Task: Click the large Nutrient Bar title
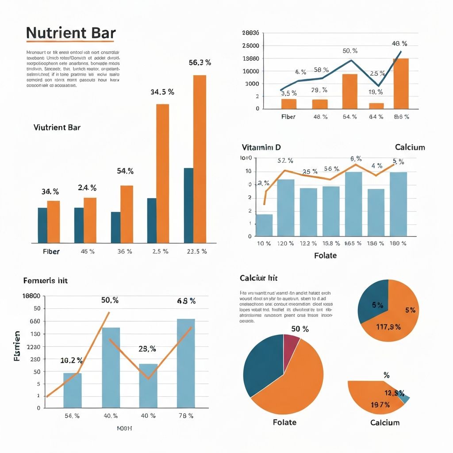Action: pos(71,33)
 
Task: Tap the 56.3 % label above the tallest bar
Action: pos(200,63)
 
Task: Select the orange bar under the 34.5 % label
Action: pos(162,173)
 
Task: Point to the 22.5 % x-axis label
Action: pos(196,251)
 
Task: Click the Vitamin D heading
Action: pos(261,147)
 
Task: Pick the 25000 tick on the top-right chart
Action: pos(251,46)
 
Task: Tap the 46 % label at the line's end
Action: pos(399,44)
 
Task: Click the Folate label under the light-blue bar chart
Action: pos(325,255)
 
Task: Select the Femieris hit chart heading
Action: pos(45,280)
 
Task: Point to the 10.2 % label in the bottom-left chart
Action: pos(71,361)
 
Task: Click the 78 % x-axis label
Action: pos(186,416)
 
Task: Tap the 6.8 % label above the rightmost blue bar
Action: pos(186,301)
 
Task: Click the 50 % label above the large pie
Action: pos(300,329)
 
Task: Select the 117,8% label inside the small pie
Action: pos(388,327)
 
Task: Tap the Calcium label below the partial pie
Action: pos(384,422)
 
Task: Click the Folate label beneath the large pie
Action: pos(284,422)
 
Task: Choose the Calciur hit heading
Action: pos(258,278)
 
